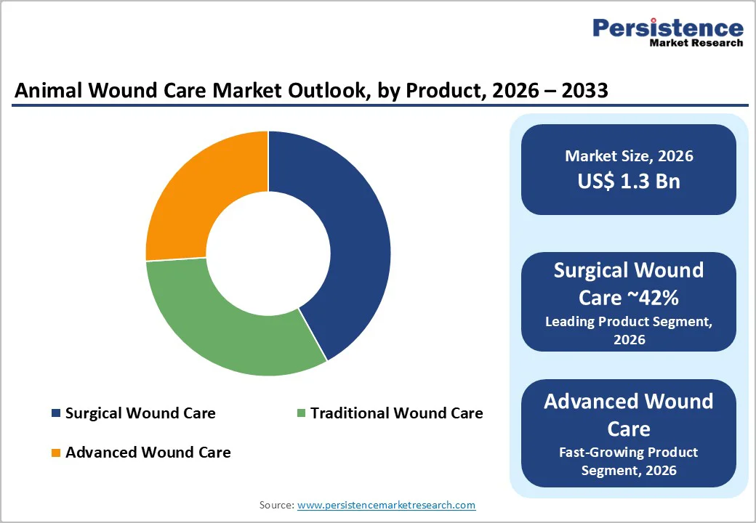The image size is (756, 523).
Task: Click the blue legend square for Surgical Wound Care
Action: coord(56,413)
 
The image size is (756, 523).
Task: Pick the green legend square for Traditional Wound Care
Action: coord(301,413)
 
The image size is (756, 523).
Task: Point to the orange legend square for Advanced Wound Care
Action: coord(56,453)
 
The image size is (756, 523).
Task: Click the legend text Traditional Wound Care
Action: coord(396,413)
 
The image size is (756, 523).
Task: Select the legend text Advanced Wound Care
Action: coord(148,453)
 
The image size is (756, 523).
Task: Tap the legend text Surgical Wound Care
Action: coord(140,413)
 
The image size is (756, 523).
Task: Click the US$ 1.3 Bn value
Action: coord(629,181)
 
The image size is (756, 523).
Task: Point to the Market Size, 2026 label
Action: coord(629,156)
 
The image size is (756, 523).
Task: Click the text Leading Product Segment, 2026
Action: coord(629,331)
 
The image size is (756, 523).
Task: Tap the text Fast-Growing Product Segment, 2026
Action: coord(629,461)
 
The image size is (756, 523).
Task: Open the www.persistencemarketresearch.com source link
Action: coord(386,505)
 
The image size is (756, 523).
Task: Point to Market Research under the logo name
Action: coord(696,43)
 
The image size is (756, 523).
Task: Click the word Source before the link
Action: coord(276,505)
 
